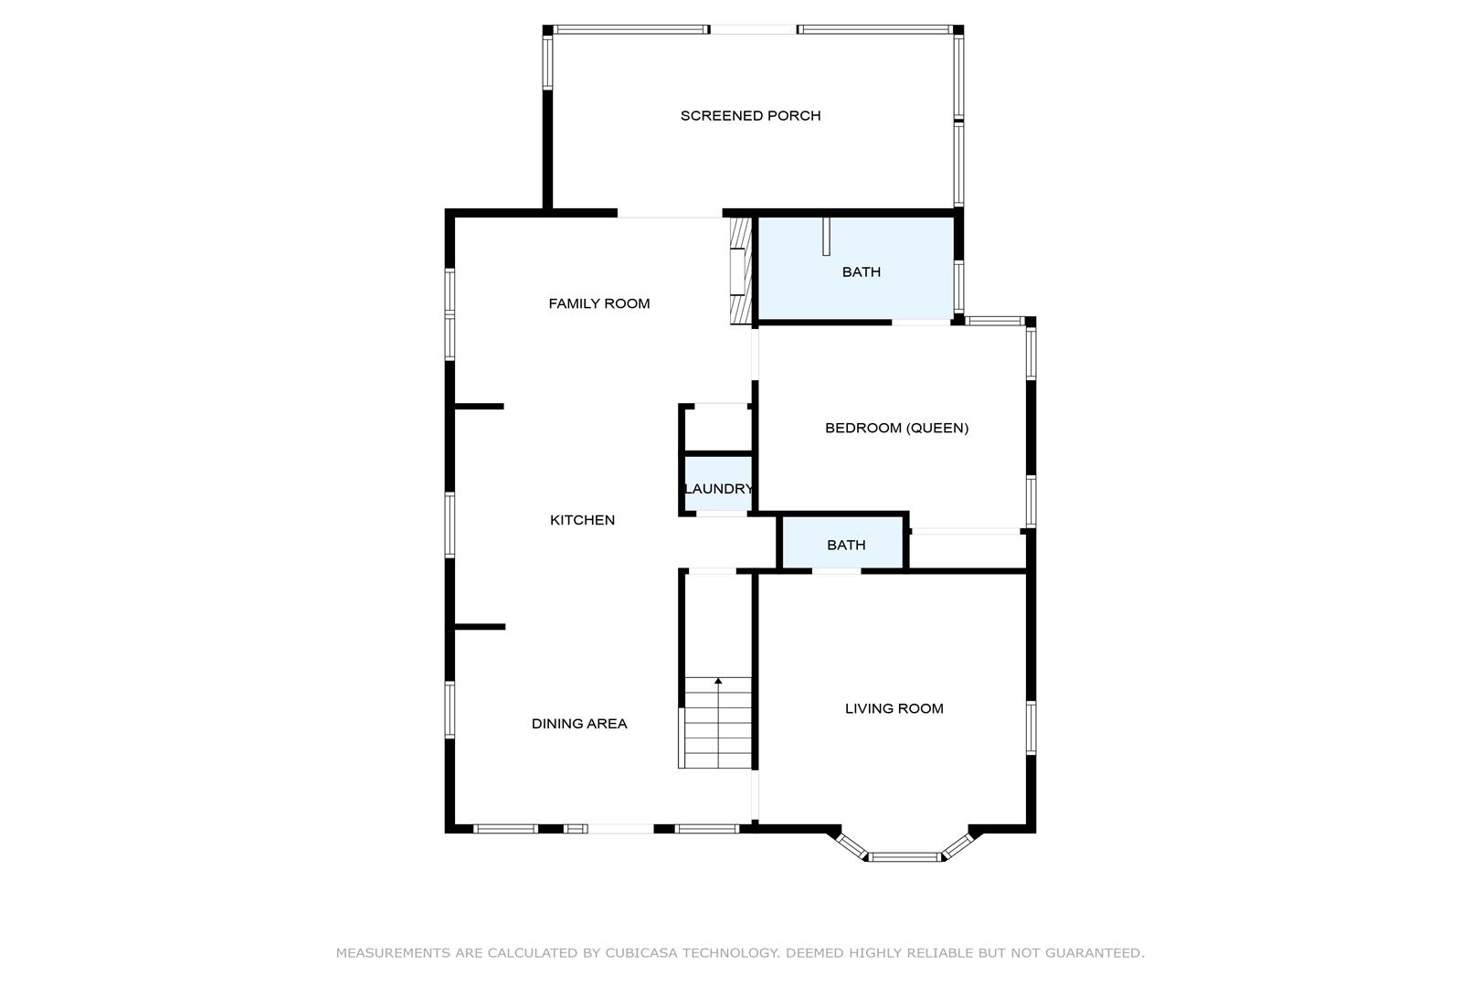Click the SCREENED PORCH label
750,116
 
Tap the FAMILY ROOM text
599,303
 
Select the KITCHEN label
582,520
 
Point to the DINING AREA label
579,724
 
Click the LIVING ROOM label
894,708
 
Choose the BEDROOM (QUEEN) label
896,428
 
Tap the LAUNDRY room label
719,489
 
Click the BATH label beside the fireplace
861,272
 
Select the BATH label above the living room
846,545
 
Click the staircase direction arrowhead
718,681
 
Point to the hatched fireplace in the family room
740,271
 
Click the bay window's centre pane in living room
904,857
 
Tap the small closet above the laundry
718,429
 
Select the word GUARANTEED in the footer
1095,953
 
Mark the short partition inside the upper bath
826,236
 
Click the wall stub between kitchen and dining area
480,626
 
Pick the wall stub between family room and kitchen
480,406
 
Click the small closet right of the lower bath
968,550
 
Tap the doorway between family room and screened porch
670,213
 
